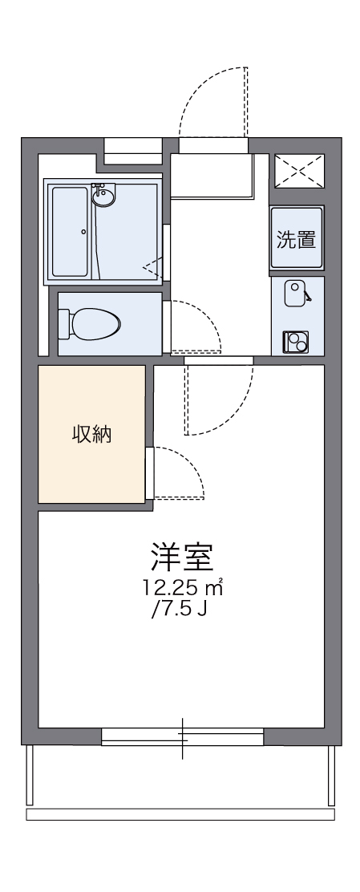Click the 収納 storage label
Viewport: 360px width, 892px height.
click(92, 435)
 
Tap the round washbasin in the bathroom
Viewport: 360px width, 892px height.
click(102, 197)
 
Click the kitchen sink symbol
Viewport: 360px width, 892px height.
click(296, 290)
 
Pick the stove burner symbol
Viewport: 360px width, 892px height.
click(294, 342)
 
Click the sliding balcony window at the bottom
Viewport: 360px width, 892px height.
click(182, 736)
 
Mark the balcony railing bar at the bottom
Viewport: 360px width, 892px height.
click(180, 815)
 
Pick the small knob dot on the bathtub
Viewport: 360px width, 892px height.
click(83, 233)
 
